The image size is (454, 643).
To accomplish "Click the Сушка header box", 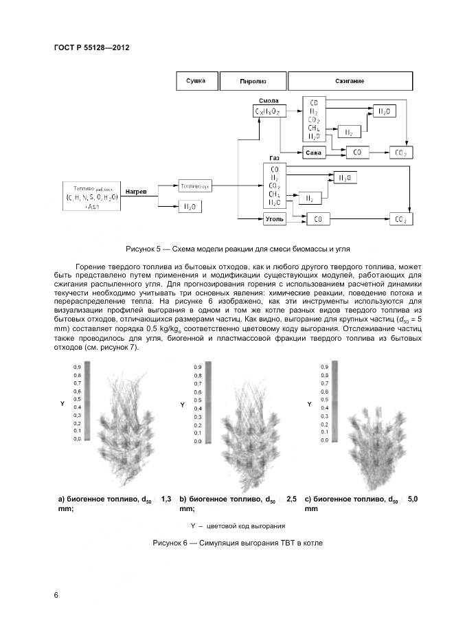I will click(196, 81).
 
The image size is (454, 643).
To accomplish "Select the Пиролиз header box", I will click(253, 81).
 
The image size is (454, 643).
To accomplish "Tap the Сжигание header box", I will click(350, 81).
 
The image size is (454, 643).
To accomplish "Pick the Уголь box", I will click(274, 218).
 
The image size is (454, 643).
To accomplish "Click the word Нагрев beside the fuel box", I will click(136, 191).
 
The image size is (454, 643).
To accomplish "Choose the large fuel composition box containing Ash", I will click(92, 196).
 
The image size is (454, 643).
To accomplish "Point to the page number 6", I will click(56, 595).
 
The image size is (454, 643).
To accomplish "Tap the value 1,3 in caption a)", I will click(166, 499).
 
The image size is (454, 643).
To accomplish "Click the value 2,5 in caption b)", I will click(291, 499).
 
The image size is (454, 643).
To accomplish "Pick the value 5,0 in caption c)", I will click(413, 499).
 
